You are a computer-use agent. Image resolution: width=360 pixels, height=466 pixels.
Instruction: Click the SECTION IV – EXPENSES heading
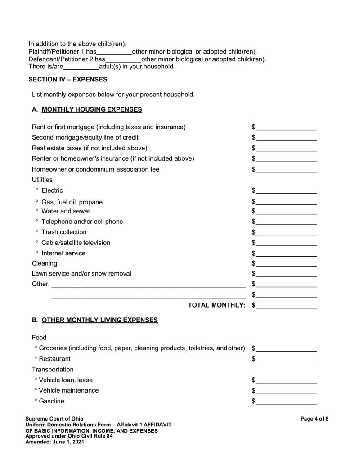68,79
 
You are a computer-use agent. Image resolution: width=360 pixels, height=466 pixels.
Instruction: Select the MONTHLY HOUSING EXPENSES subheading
92,109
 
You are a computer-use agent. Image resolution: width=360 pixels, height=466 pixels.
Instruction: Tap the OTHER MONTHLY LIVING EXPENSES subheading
99,320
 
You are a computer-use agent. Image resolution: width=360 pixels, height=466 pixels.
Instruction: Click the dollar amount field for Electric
286,190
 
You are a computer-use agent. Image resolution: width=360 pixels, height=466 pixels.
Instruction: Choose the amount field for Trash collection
286,232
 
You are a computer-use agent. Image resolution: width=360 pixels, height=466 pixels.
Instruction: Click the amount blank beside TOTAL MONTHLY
286,305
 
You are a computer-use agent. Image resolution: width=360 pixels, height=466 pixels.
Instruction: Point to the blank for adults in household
81,67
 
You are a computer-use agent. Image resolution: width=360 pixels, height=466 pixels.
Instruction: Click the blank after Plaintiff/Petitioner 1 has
114,52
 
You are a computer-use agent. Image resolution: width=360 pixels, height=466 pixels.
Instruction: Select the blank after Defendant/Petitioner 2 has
123,59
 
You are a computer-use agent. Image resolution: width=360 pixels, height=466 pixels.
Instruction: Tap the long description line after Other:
148,284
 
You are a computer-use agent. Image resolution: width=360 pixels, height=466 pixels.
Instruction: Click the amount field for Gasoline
286,401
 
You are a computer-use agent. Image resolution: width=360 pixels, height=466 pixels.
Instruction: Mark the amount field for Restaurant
286,359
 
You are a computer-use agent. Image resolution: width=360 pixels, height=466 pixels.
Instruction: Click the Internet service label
63,253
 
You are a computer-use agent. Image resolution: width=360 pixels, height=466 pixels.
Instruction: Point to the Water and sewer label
66,211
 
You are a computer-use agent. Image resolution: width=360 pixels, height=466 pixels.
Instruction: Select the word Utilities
42,180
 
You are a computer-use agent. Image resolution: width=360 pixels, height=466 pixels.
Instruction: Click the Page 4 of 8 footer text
314,419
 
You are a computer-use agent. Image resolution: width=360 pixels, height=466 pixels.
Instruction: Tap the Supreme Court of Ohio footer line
54,419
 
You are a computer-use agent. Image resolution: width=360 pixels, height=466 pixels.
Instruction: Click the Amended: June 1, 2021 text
54,442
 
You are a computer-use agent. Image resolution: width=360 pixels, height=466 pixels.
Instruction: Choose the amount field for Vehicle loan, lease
286,380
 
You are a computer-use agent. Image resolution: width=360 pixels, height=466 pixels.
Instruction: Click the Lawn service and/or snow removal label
81,274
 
